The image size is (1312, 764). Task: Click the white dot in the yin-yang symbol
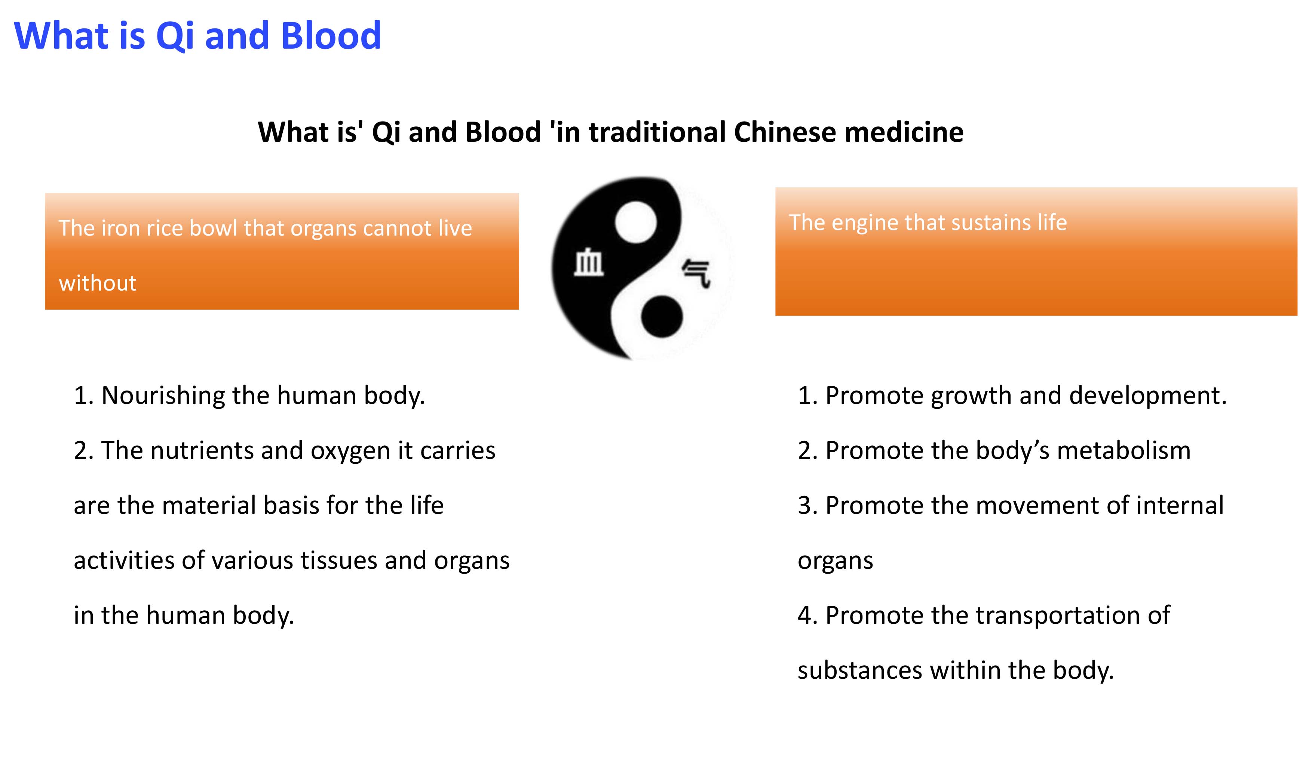pyautogui.click(x=636, y=222)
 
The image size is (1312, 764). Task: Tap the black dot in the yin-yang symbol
pyautogui.click(x=661, y=316)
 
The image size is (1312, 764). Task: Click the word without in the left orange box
pyautogui.click(x=97, y=283)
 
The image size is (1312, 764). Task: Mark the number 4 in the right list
pyautogui.click(x=805, y=616)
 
